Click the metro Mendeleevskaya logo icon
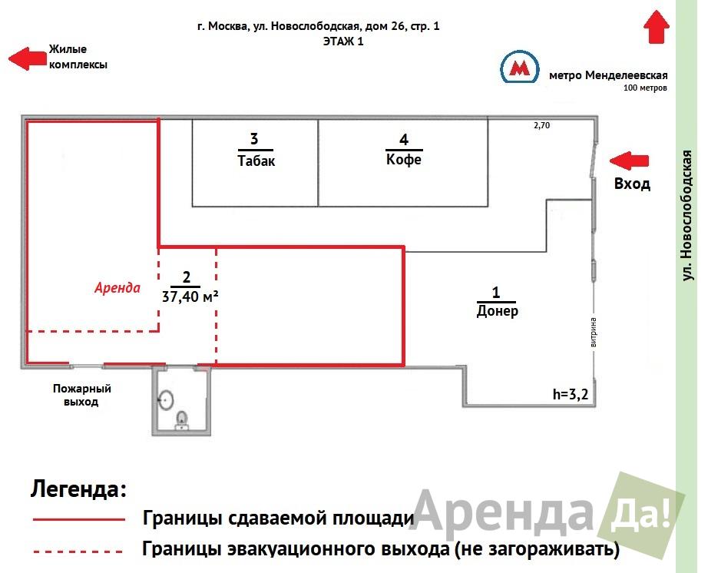pos(519,68)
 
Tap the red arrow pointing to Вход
pos(629,160)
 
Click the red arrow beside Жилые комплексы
pos(28,58)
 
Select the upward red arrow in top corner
pos(657,27)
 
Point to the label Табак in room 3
pos(256,161)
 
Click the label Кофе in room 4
pos(404,160)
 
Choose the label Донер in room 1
pos(497,311)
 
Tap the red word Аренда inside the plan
pos(117,288)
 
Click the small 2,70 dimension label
pos(542,126)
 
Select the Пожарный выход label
pos(76,395)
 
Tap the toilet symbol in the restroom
pos(166,399)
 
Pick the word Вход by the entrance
pos(632,184)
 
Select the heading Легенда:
pos(77,489)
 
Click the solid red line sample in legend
pos(78,520)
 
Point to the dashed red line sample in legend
pos(78,551)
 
